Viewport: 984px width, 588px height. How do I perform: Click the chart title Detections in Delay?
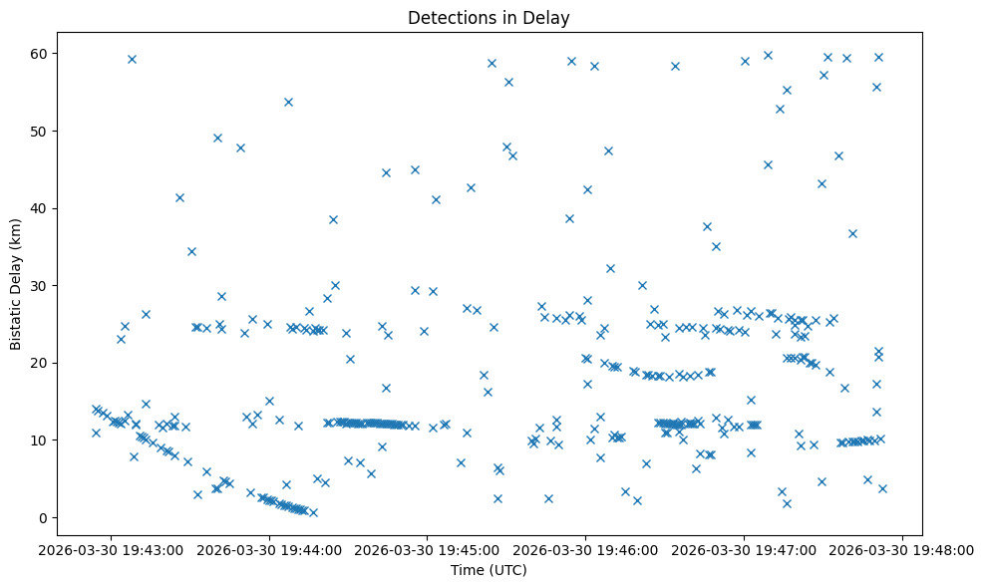coord(489,17)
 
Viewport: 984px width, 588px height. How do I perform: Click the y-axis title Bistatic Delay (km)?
coord(16,284)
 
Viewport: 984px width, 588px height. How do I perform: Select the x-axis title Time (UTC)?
coord(489,570)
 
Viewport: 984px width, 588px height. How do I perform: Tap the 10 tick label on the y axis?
coord(64,440)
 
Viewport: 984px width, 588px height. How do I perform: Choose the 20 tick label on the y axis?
coord(64,363)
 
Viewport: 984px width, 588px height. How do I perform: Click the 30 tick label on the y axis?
coord(64,285)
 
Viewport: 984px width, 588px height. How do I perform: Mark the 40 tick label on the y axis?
coord(64,208)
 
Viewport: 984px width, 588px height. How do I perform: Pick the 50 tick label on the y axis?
coord(64,131)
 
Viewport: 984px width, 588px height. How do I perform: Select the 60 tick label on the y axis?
coord(64,53)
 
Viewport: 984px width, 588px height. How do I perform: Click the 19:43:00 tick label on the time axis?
coord(111,549)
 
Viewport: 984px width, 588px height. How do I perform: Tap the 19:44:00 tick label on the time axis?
coord(269,549)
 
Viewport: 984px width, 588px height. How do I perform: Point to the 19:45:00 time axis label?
coord(428,549)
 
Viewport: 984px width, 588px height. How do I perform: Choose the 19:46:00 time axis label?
coord(586,549)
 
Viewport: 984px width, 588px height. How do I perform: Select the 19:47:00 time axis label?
coord(745,549)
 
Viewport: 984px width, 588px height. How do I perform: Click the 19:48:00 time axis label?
coord(903,549)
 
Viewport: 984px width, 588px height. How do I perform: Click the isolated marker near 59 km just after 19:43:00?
coord(132,59)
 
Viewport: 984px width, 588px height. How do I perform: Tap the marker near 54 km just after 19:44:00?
coord(288,102)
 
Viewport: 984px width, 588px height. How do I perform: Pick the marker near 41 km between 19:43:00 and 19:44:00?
coord(179,197)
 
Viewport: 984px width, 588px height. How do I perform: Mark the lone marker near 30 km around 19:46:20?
coord(642,285)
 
